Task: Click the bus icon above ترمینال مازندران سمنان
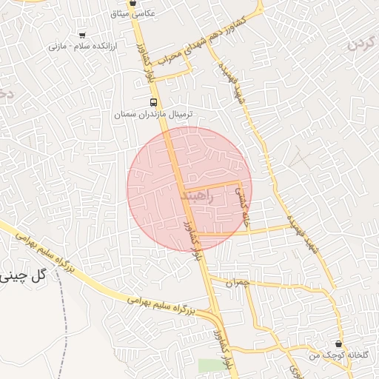pyautogui.click(x=153, y=102)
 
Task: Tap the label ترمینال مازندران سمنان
pyautogui.click(x=153, y=115)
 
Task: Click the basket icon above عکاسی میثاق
pyautogui.click(x=133, y=3)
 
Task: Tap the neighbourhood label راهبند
pyautogui.click(x=196, y=196)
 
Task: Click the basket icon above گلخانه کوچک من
pyautogui.click(x=339, y=343)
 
